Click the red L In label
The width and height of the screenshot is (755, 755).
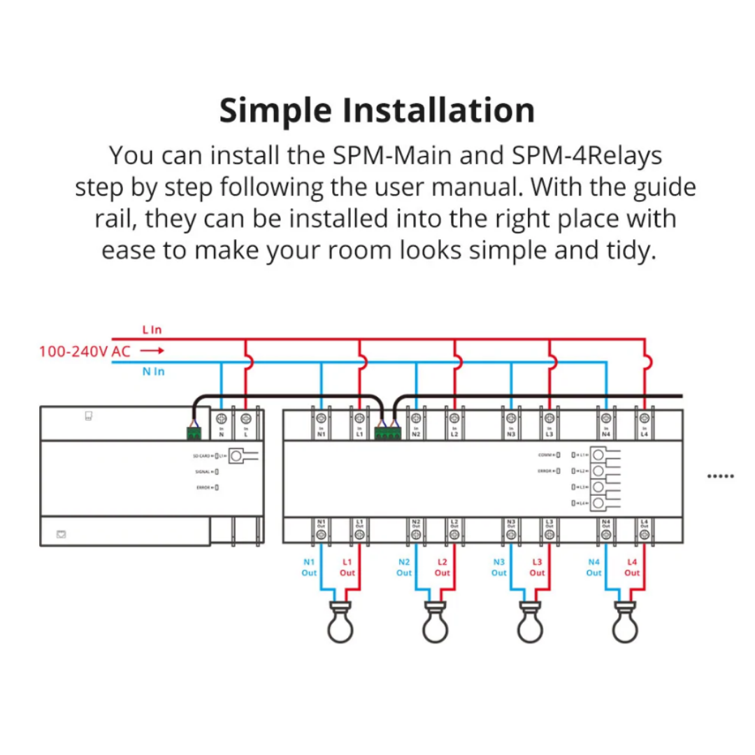point(152,329)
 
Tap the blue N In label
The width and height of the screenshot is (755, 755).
point(153,371)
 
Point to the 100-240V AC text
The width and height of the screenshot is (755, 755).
point(85,351)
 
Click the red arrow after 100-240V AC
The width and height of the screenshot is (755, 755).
point(151,351)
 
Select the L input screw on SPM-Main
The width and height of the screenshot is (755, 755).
point(245,419)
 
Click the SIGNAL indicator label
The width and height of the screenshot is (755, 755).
point(203,471)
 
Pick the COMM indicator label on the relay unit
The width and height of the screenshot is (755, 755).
point(545,454)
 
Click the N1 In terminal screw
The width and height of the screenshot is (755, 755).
point(322,419)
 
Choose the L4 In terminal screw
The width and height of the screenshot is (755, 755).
point(644,419)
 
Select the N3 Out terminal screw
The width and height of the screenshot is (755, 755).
point(510,535)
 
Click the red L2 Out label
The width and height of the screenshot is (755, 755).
point(443,567)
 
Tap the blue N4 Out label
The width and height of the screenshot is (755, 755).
point(594,567)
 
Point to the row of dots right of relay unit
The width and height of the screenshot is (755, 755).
point(721,476)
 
